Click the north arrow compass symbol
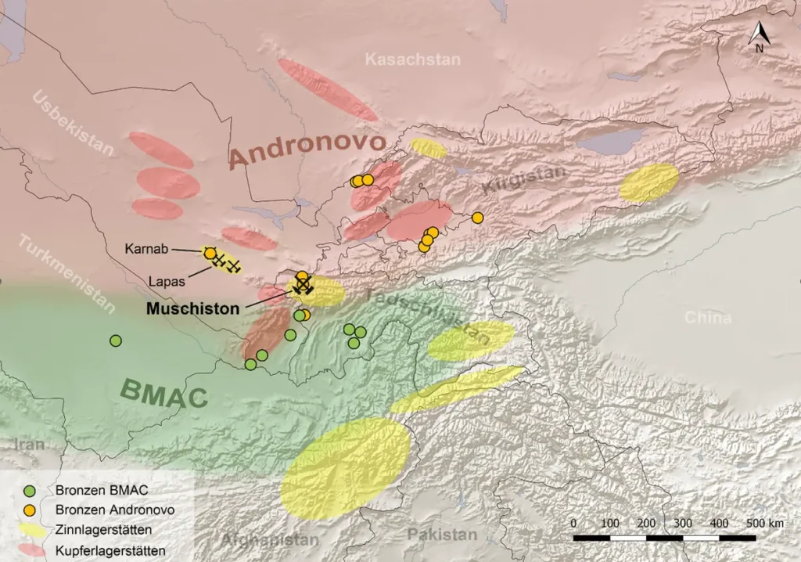[x=760, y=36]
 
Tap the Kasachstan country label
[x=413, y=59]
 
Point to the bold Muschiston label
[x=193, y=308]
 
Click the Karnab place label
[x=145, y=249]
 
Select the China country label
[x=708, y=318]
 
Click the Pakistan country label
[x=441, y=535]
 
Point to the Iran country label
[x=29, y=445]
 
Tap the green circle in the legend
[x=30, y=491]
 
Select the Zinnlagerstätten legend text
[x=104, y=530]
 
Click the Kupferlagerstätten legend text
[x=110, y=550]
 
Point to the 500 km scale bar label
[x=764, y=523]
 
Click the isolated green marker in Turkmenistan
[x=116, y=340]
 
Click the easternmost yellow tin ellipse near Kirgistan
[x=648, y=182]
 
